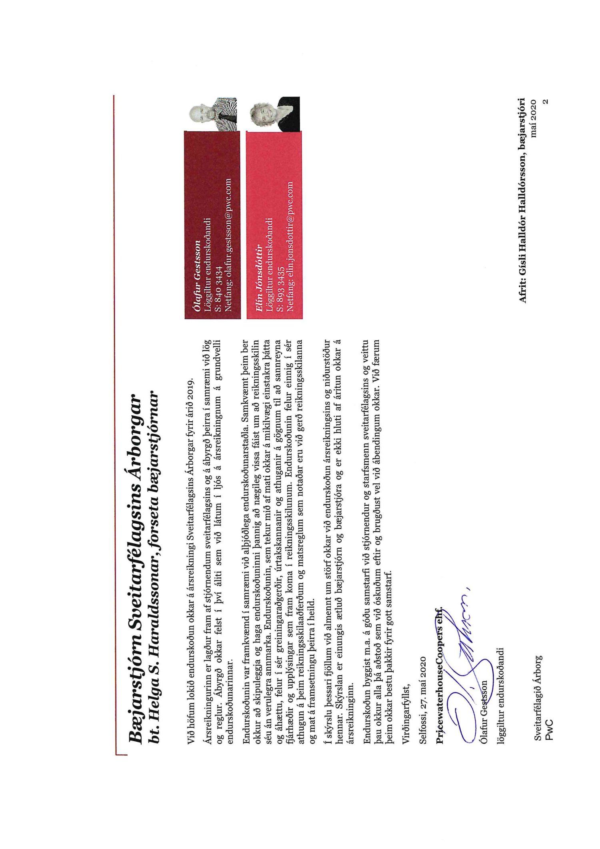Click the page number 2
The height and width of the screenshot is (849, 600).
546,102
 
